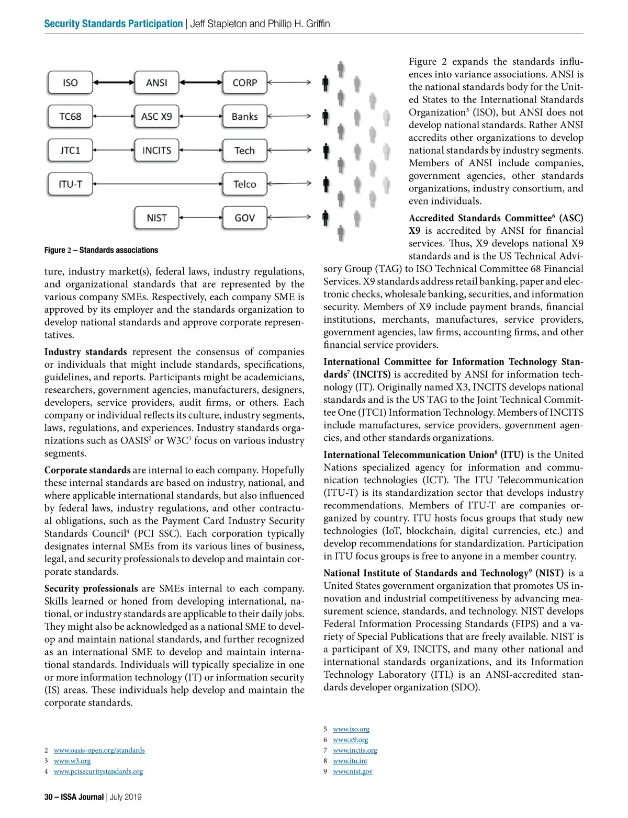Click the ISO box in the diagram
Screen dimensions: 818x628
[x=70, y=83]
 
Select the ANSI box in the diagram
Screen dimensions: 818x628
[x=156, y=83]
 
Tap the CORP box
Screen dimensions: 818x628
[x=244, y=83]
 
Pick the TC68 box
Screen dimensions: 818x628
[x=70, y=116]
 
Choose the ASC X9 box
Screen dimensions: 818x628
[x=156, y=116]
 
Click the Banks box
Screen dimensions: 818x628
[x=244, y=116]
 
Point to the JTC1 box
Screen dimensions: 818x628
[x=70, y=151]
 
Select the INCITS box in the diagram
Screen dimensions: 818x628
[x=156, y=151]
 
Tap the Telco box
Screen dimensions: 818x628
[x=244, y=184]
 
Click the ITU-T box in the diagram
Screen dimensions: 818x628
[x=70, y=184]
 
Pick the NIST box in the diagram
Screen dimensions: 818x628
[x=156, y=218]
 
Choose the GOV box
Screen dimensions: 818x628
[x=244, y=218]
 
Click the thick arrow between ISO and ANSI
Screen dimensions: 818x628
[x=114, y=82]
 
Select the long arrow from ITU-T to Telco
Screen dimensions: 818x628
[x=158, y=184]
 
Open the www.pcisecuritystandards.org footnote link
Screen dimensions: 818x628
[x=98, y=771]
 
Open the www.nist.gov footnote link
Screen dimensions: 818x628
[x=353, y=771]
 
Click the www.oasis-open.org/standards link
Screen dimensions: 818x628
[x=99, y=751]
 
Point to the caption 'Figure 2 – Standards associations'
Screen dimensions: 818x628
[x=101, y=250]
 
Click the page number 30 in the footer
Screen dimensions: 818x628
[x=48, y=797]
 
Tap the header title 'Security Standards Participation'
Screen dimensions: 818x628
[x=114, y=24]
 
